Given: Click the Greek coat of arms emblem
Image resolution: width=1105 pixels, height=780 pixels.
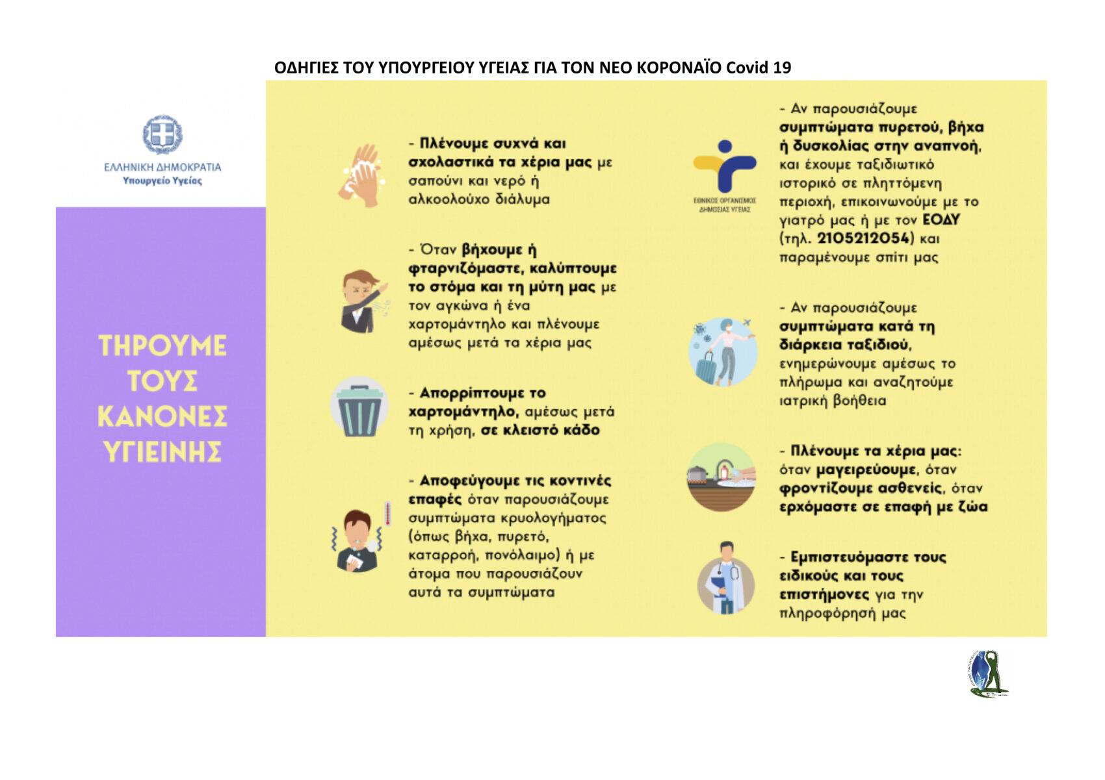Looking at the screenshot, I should coord(162,134).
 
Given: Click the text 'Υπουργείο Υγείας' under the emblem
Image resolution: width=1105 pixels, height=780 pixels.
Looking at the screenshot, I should coord(162,181).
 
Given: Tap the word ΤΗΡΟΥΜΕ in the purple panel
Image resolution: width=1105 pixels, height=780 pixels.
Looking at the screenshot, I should coord(162,346).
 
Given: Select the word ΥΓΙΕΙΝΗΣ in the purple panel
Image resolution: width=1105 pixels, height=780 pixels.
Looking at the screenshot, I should coord(162,451).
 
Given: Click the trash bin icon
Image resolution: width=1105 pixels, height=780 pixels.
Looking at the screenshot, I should coord(359,409).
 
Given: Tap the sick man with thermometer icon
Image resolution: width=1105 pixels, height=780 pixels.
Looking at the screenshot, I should coord(359,538).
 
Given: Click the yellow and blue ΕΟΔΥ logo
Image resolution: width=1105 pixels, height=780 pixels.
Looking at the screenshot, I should coord(724,168).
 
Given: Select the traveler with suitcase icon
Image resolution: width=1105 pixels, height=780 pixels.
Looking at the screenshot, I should coord(723,351).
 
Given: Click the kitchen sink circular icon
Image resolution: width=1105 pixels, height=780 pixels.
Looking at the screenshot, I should coord(721,477).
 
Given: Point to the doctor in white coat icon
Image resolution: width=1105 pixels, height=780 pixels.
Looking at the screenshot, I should coord(725,579).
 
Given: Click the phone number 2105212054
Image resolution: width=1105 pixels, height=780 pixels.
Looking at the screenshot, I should coord(863,238).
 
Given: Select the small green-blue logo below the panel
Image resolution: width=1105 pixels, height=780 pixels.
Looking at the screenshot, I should coord(987,673).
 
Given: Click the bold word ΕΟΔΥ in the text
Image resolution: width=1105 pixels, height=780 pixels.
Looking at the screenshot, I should coord(941,220).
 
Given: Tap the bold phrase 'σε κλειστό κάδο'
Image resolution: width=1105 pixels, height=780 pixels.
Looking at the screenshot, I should coord(539,430).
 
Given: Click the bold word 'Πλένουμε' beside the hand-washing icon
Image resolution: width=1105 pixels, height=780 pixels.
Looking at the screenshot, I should coord(452,143).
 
